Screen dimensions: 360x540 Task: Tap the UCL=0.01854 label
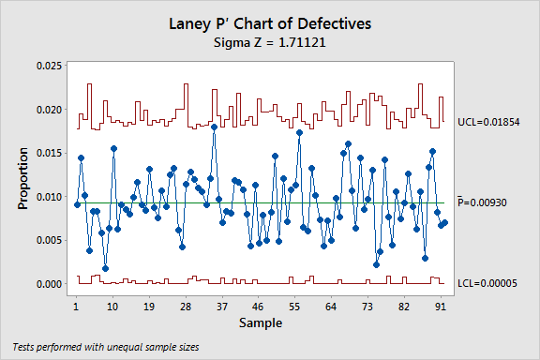pyautogui.click(x=488, y=123)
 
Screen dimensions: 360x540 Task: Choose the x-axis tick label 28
pyautogui.click(x=186, y=307)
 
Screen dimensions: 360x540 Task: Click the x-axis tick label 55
pyautogui.click(x=294, y=307)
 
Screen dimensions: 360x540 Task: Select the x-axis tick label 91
pyautogui.click(x=440, y=307)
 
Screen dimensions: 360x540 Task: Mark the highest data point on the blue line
pyautogui.click(x=214, y=127)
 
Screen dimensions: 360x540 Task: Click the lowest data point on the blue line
pyautogui.click(x=105, y=268)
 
